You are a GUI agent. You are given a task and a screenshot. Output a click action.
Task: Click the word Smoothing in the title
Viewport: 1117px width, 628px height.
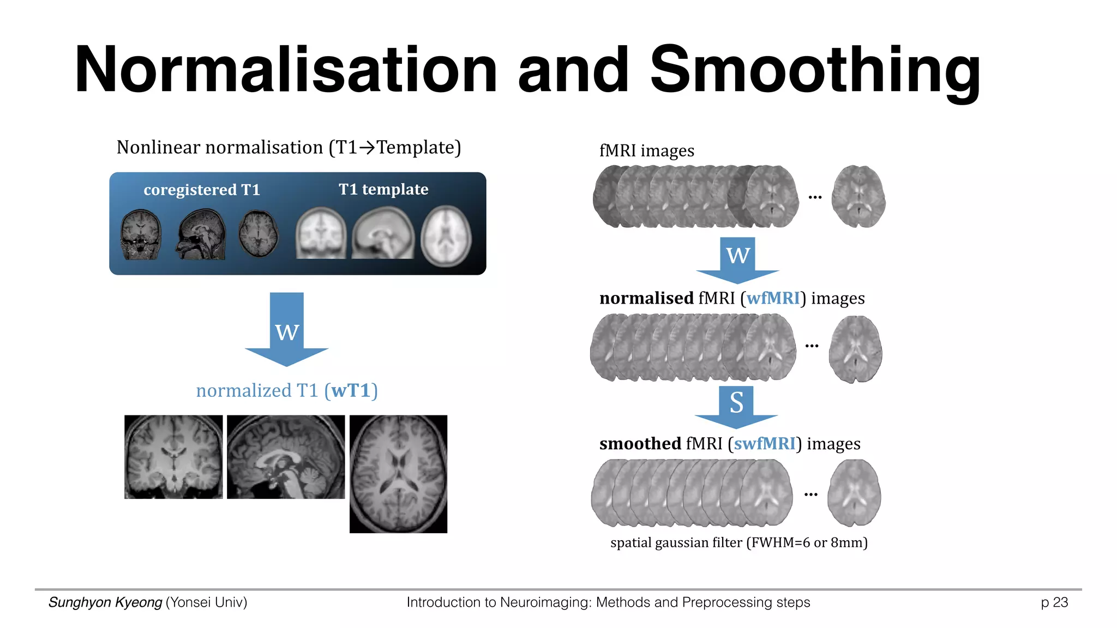pos(815,71)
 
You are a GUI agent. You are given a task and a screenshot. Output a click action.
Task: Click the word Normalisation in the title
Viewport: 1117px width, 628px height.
pos(286,71)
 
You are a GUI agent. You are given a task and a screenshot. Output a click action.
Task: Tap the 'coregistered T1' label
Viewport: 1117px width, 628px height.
pos(202,190)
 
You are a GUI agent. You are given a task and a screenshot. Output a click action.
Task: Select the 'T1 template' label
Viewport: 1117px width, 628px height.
pos(383,189)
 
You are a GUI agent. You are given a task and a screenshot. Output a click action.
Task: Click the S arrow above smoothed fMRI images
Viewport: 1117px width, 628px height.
pos(736,404)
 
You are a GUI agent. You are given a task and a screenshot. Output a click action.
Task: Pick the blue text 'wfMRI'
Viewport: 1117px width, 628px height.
pos(773,298)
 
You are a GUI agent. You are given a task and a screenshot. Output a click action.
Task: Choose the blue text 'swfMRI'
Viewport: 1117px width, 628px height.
pos(765,444)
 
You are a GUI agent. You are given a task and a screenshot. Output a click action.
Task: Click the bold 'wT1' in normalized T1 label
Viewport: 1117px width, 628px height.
pos(351,391)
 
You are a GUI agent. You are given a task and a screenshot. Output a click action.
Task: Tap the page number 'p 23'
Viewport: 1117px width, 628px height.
pos(1054,602)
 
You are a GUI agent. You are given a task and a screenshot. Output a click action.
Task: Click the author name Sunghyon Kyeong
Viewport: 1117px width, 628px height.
pos(105,602)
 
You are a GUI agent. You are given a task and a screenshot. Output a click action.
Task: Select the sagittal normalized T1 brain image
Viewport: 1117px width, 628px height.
pos(286,457)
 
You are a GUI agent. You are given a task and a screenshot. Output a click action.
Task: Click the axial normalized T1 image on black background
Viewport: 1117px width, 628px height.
pos(398,474)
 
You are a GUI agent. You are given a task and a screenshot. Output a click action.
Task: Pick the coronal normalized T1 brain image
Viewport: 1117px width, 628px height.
pos(173,457)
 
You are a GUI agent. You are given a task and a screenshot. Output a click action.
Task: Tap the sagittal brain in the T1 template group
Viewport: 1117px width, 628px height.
pos(383,234)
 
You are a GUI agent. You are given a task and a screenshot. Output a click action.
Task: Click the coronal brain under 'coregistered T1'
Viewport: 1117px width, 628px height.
pos(141,235)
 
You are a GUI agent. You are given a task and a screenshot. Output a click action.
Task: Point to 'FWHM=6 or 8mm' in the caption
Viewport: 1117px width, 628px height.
pos(807,543)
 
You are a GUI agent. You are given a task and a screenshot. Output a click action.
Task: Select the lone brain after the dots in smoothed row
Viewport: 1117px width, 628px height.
pos(854,493)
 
